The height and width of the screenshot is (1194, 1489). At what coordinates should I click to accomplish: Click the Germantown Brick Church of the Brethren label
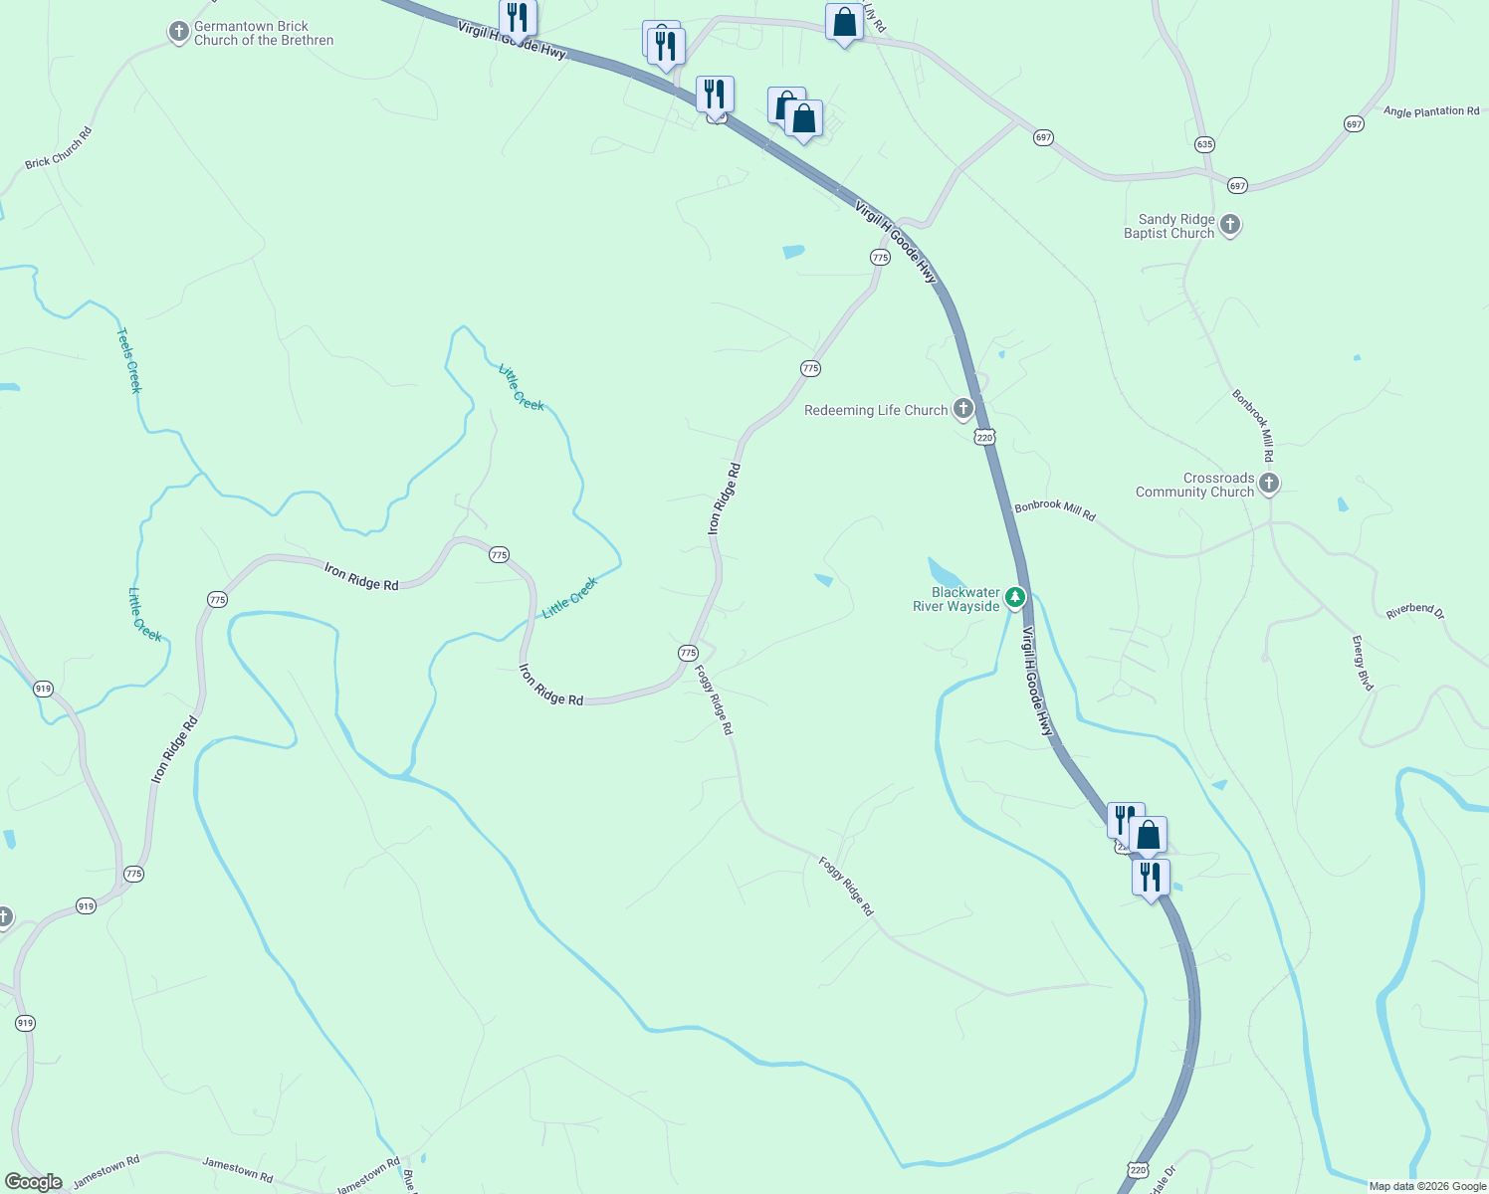(x=263, y=34)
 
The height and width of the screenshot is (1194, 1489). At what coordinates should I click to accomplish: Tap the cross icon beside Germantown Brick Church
(x=178, y=33)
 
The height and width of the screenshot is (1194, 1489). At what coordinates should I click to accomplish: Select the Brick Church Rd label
(x=58, y=147)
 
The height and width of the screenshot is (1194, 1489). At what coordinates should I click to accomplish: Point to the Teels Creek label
(x=129, y=360)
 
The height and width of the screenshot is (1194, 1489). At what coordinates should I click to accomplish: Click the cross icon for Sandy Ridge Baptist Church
(x=1230, y=225)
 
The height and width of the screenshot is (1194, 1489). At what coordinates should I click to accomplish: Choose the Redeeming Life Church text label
(x=876, y=410)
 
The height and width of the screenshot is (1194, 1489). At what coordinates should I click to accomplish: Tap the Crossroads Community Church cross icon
(x=1269, y=484)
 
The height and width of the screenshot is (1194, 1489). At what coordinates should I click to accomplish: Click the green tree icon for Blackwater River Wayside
(x=1015, y=598)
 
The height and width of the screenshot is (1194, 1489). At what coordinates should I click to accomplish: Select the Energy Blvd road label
(x=1362, y=663)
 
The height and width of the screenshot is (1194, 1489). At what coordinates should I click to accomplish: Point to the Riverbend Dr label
(x=1414, y=611)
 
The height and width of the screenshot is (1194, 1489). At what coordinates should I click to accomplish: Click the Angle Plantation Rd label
(x=1431, y=111)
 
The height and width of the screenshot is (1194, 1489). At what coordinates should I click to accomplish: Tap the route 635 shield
(x=1204, y=144)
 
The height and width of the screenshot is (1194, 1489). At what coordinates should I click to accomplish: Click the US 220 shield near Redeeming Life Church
(x=984, y=437)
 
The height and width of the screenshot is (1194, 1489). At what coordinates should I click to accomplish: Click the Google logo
(x=33, y=1182)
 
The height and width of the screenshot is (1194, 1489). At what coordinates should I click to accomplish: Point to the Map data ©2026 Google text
(x=1427, y=1186)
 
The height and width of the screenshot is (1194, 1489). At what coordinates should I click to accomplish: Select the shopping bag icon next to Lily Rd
(x=844, y=22)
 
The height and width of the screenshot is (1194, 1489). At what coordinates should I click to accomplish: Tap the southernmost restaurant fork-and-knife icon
(x=1151, y=877)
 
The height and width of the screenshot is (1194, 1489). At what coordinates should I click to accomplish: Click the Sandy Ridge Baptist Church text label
(x=1170, y=226)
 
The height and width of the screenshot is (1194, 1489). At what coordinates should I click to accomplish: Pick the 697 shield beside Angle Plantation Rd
(x=1354, y=124)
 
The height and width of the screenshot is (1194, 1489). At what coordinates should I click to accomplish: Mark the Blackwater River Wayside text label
(x=957, y=599)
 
